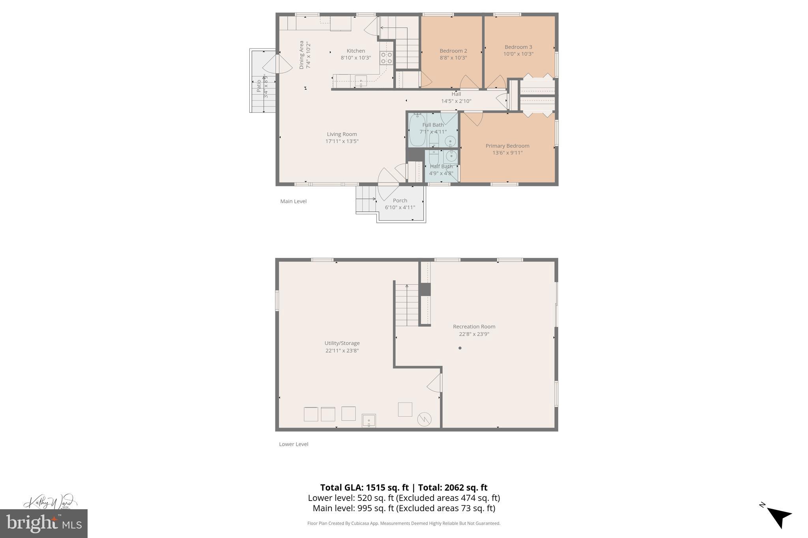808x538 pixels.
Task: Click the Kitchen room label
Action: pos(355,51)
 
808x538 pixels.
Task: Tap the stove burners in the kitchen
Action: pos(386,58)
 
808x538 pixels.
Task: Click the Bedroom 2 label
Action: pos(453,51)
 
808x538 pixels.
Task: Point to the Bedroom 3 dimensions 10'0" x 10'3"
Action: pos(518,54)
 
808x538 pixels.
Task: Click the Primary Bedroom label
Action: pos(507,146)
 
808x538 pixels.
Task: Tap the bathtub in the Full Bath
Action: pos(417,130)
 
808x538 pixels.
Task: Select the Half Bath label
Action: pos(441,166)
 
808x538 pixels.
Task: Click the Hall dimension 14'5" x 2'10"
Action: pos(456,101)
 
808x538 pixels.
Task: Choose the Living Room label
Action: pos(342,134)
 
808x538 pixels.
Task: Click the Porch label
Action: pos(400,200)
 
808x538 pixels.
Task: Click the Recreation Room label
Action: pos(474,326)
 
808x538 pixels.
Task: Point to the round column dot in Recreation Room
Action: pos(460,348)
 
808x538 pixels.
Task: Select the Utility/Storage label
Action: pos(342,343)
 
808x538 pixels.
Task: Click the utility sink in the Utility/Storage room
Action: pos(369,421)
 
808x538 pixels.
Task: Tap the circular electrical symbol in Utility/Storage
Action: pos(425,419)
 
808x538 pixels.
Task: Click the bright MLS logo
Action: pos(44,524)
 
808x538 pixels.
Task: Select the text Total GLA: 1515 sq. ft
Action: pos(364,488)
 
